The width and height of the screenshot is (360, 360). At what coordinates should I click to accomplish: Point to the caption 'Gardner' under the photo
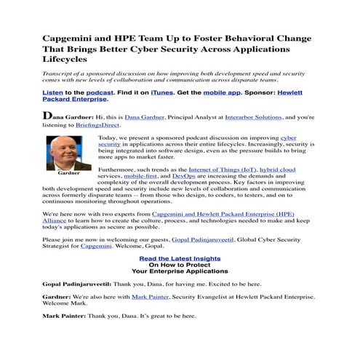point(68,175)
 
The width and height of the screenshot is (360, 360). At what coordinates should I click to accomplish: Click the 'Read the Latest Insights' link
point(180,259)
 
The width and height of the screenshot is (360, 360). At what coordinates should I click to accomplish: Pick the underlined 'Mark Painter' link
point(150,297)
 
